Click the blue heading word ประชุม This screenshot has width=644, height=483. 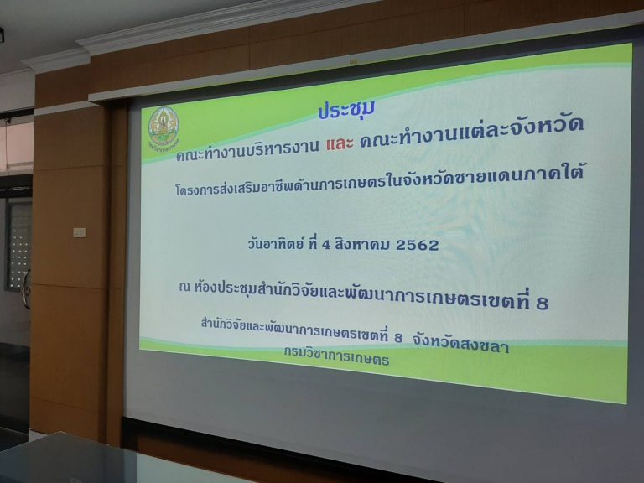[346, 110]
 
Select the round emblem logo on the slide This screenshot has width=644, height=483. [164, 127]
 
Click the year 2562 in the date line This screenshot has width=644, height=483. [417, 245]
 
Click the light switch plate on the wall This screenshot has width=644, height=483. [80, 232]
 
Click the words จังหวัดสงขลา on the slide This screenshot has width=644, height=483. [461, 344]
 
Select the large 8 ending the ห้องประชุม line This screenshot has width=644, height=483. [542, 303]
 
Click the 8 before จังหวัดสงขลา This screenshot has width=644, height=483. [397, 338]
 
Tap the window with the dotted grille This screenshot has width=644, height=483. [18, 244]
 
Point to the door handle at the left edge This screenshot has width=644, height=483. [27, 288]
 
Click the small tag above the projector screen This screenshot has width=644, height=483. [353, 61]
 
